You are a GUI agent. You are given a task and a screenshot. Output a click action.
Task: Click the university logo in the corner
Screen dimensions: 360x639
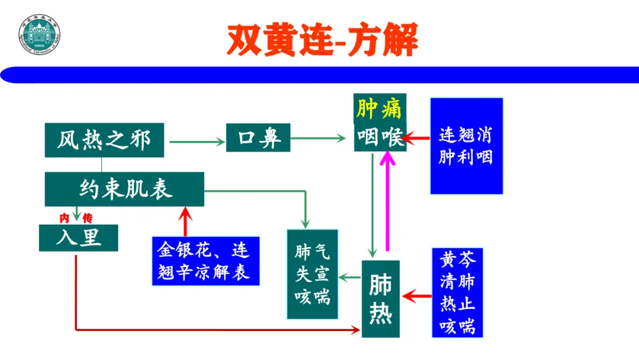[x=40, y=35]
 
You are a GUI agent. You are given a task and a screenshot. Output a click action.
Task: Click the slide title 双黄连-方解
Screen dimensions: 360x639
[x=322, y=40]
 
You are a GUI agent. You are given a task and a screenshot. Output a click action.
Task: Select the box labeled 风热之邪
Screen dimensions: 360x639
[x=104, y=140]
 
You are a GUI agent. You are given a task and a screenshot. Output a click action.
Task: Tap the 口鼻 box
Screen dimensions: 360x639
[x=257, y=140]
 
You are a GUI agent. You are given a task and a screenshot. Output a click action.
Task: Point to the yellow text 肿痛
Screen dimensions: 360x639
[x=379, y=108]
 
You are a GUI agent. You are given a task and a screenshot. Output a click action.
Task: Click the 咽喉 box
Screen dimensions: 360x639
[x=380, y=139]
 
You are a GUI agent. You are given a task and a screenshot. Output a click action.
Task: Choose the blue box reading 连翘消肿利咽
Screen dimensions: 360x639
[x=466, y=146]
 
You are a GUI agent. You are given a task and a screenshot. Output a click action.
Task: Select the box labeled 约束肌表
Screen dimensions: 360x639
[x=124, y=189]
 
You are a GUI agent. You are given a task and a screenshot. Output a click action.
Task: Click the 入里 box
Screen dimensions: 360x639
[x=78, y=237]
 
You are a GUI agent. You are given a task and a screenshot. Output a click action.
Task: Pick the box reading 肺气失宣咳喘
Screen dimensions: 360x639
[x=312, y=274]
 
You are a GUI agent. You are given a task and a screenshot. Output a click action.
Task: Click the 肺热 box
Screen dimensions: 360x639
[x=380, y=298]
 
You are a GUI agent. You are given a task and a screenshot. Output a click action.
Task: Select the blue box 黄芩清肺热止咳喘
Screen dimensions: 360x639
[x=457, y=293]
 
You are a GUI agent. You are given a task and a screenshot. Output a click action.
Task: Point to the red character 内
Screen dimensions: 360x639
[x=64, y=218]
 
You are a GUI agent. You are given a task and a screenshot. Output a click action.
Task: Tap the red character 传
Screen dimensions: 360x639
[x=87, y=218]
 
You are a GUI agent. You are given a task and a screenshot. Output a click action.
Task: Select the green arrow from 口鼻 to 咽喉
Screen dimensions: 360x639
[x=318, y=139]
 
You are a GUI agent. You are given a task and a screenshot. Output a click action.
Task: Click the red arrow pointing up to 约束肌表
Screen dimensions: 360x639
[x=186, y=222]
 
